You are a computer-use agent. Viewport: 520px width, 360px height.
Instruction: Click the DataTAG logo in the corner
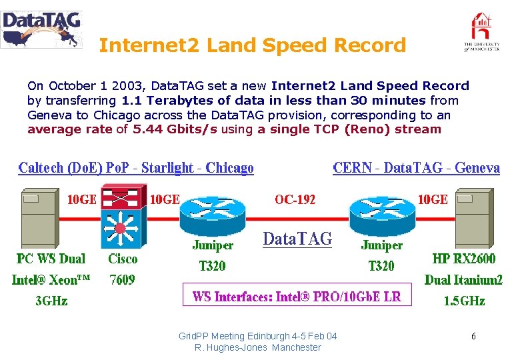pyautogui.click(x=41, y=29)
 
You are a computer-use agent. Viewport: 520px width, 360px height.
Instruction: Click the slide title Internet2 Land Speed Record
pyautogui.click(x=252, y=45)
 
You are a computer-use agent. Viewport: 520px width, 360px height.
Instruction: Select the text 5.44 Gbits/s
pyautogui.click(x=175, y=129)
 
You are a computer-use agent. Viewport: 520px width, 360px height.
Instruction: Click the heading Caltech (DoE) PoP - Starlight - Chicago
pyautogui.click(x=136, y=167)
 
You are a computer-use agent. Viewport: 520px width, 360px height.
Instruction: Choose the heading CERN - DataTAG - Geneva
pyautogui.click(x=416, y=167)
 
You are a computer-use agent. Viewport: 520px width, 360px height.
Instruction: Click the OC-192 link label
pyautogui.click(x=295, y=199)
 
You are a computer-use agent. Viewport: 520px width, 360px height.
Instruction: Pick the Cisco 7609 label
pyautogui.click(x=123, y=269)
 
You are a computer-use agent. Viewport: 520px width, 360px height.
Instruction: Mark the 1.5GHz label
pyautogui.click(x=464, y=301)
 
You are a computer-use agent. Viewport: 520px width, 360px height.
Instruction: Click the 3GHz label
pyautogui.click(x=51, y=301)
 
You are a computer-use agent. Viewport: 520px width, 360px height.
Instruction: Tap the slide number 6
pyautogui.click(x=473, y=337)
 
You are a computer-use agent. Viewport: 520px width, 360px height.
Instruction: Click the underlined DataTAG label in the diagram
pyautogui.click(x=297, y=239)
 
